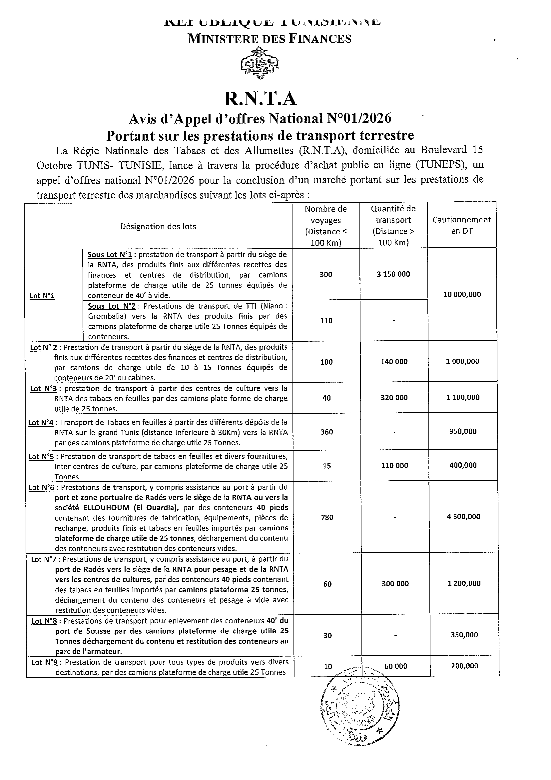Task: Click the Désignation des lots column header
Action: tap(158, 227)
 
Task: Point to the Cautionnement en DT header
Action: tap(461, 225)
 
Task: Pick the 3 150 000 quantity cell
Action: tap(393, 274)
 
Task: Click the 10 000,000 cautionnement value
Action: tap(462, 295)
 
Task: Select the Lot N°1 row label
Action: tap(42, 296)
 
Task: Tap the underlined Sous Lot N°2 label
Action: tap(112, 306)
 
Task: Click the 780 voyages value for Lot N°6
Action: tap(327, 517)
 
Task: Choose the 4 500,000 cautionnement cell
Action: tap(463, 517)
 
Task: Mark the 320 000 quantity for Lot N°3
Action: tap(394, 398)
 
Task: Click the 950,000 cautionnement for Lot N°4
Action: tap(463, 431)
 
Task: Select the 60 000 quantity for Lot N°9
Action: tap(395, 666)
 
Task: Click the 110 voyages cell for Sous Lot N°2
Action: tap(326, 321)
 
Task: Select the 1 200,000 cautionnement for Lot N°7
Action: tap(464, 584)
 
